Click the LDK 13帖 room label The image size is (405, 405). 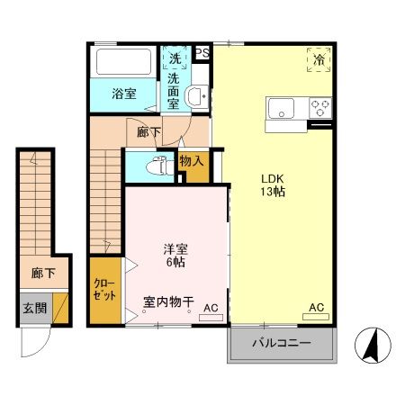(274, 184)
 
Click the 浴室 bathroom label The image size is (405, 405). (124, 94)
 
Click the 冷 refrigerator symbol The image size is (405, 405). (319, 59)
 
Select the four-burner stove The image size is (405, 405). (320, 109)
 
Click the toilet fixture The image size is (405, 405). (158, 166)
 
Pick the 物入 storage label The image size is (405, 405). (192, 162)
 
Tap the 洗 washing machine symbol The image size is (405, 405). (174, 58)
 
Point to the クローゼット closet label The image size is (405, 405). (103, 290)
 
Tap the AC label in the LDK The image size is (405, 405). (317, 308)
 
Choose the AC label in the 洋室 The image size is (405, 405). (211, 309)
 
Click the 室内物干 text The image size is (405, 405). (168, 302)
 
